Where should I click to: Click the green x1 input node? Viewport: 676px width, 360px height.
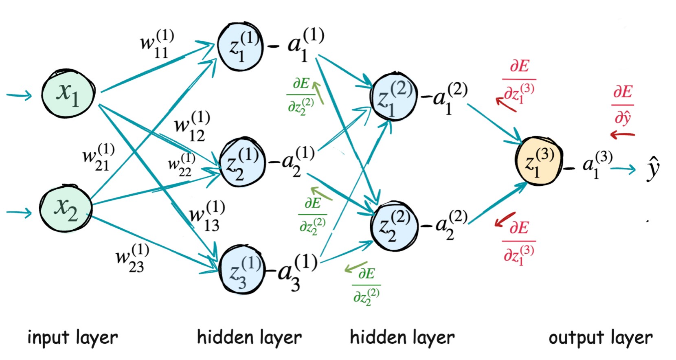pyautogui.click(x=68, y=94)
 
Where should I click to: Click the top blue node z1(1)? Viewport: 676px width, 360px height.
pyautogui.click(x=240, y=47)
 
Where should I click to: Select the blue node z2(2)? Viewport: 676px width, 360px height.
pyautogui.click(x=394, y=225)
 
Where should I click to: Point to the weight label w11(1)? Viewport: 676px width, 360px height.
pyautogui.click(x=157, y=44)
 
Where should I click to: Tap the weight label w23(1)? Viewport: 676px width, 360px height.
pyautogui.click(x=132, y=258)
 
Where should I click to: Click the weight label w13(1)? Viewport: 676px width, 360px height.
pyautogui.click(x=207, y=216)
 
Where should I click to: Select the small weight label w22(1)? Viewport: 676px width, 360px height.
pyautogui.click(x=182, y=165)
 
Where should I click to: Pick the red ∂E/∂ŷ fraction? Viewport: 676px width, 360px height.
pyautogui.click(x=623, y=104)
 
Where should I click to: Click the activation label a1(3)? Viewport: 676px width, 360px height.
pyautogui.click(x=597, y=164)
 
